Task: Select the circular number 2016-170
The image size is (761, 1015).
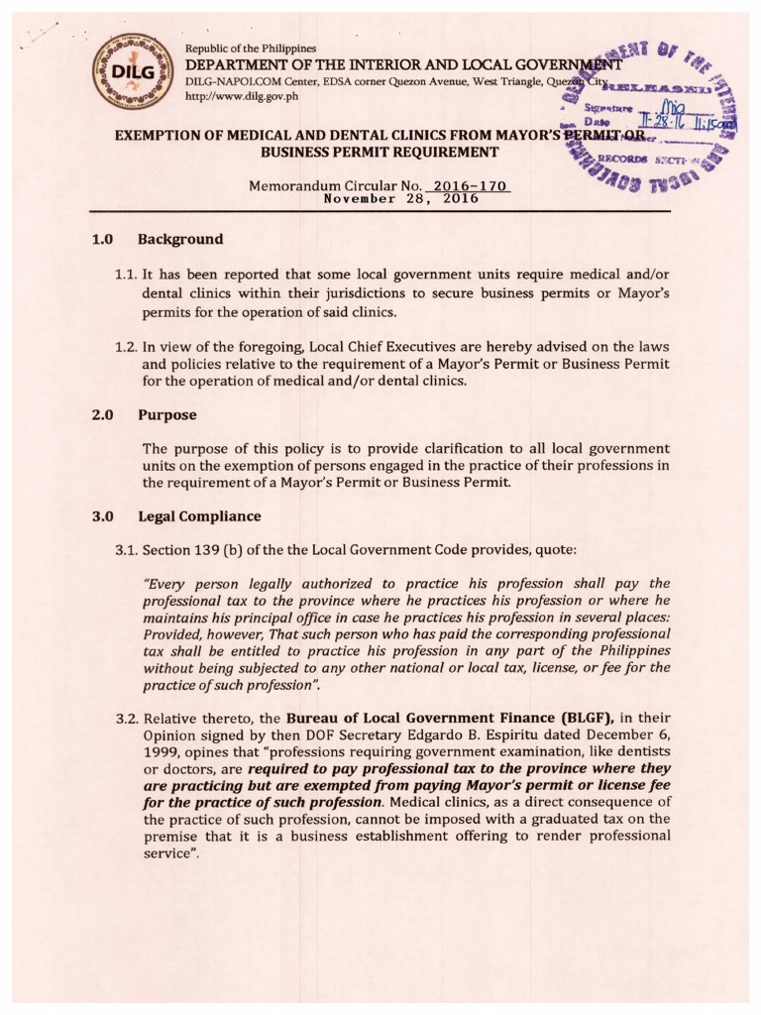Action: coord(471,185)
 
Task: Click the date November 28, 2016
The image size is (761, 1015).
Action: coord(402,198)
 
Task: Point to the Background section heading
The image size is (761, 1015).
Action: coord(180,239)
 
